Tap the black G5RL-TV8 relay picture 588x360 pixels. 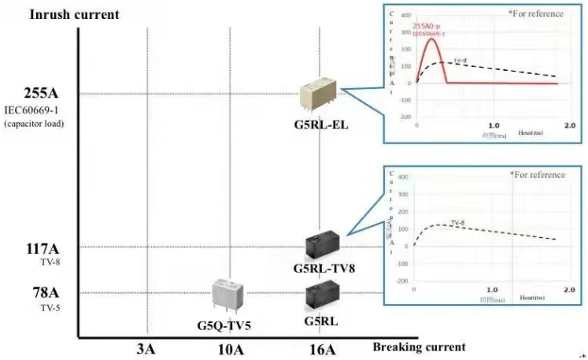(323, 246)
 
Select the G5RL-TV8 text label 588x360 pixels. (324, 268)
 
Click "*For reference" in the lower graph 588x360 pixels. (537, 175)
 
